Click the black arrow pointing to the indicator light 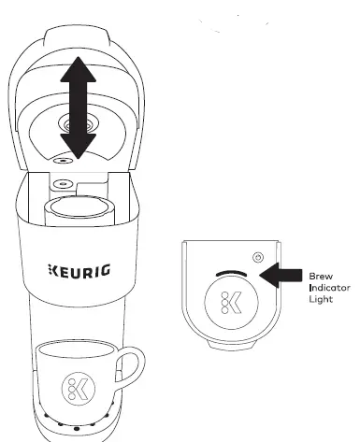coord(281,274)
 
